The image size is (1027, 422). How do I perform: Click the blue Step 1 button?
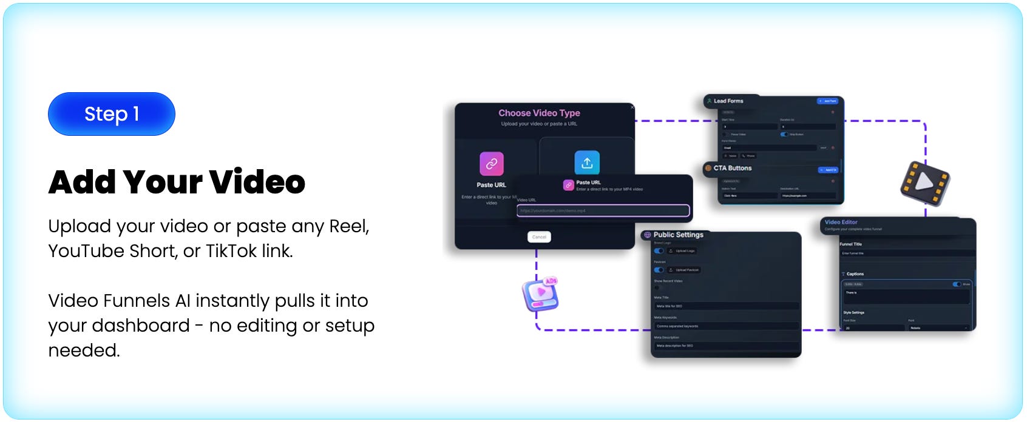click(112, 114)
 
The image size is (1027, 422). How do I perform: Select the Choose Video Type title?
click(539, 113)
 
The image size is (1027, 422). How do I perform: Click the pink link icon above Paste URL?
click(492, 163)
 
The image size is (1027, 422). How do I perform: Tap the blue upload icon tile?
click(587, 162)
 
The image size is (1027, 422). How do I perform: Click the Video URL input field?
click(603, 210)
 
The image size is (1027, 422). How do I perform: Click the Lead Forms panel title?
click(728, 101)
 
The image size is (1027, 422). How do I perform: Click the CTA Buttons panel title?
click(732, 168)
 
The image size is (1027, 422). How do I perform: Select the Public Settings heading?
click(678, 235)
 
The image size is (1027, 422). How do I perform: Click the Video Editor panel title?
click(841, 222)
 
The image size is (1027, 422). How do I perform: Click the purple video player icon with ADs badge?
click(540, 294)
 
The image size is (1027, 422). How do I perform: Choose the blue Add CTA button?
click(828, 170)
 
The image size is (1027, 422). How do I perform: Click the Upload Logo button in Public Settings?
click(683, 251)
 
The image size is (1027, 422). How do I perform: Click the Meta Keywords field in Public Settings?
click(725, 326)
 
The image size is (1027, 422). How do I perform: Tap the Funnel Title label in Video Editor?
click(851, 244)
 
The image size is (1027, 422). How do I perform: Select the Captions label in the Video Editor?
click(855, 274)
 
